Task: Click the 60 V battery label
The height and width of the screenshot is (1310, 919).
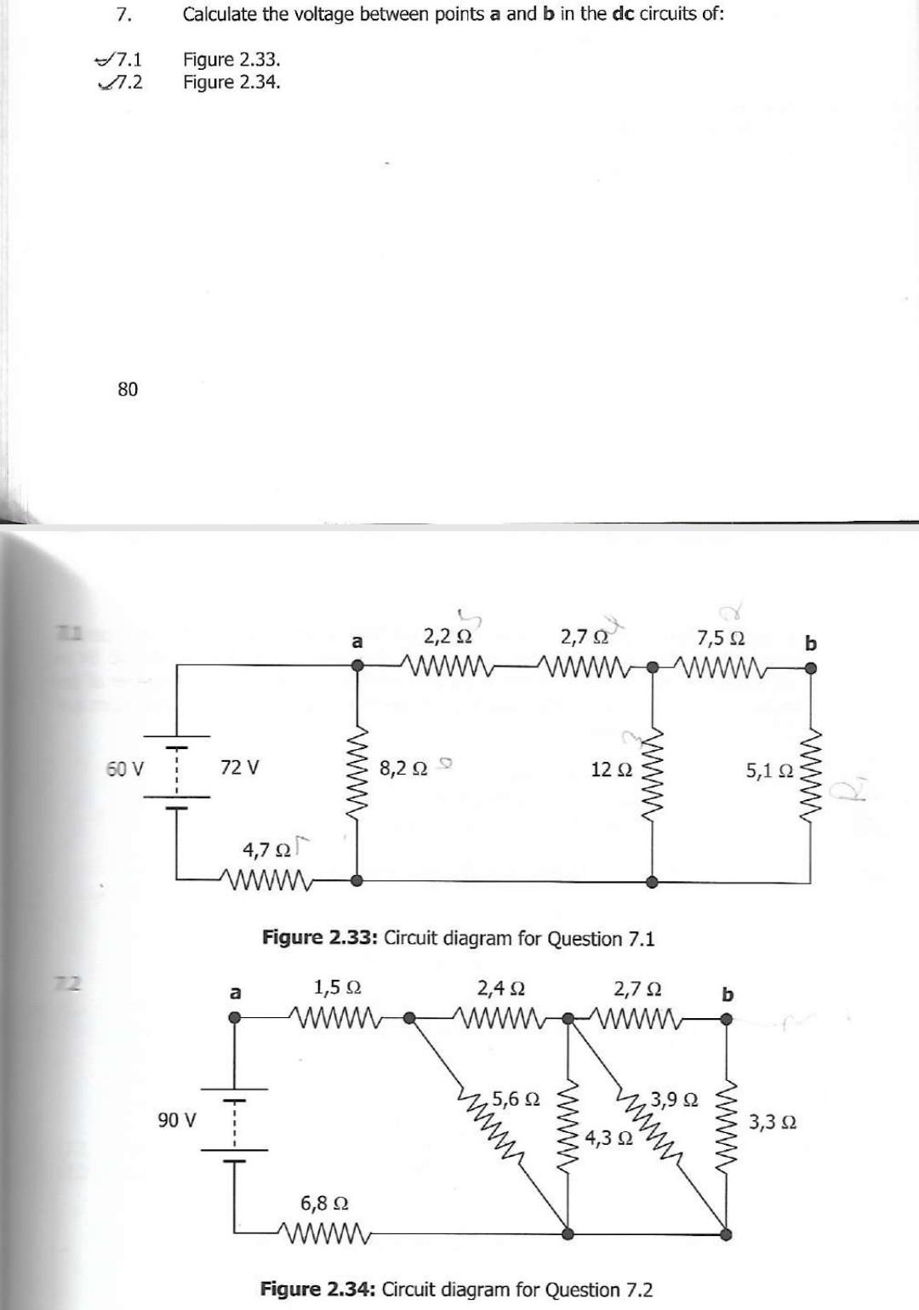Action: pyautogui.click(x=124, y=769)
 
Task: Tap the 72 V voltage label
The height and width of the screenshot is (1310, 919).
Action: pyautogui.click(x=240, y=767)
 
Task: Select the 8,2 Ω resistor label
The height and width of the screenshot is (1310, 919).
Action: pyautogui.click(x=404, y=769)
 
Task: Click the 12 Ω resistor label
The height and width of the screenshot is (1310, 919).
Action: pyautogui.click(x=612, y=769)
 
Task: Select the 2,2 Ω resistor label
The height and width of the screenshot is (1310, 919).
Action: pyautogui.click(x=448, y=636)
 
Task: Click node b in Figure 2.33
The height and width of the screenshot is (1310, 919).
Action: pyautogui.click(x=811, y=668)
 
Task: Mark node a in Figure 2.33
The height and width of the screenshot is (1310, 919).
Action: pyautogui.click(x=357, y=668)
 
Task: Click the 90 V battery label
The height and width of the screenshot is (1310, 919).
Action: pyautogui.click(x=177, y=1118)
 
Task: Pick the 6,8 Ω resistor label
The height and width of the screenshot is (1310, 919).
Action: pyautogui.click(x=323, y=1203)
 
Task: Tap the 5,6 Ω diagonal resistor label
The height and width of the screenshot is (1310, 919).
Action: pyautogui.click(x=516, y=1098)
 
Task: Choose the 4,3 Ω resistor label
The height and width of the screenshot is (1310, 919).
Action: pyautogui.click(x=608, y=1137)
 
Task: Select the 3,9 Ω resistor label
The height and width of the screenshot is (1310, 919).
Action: pyautogui.click(x=674, y=1098)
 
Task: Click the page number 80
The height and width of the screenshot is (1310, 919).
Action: pyautogui.click(x=127, y=389)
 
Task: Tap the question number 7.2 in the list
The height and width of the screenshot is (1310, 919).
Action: pyautogui.click(x=127, y=83)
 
